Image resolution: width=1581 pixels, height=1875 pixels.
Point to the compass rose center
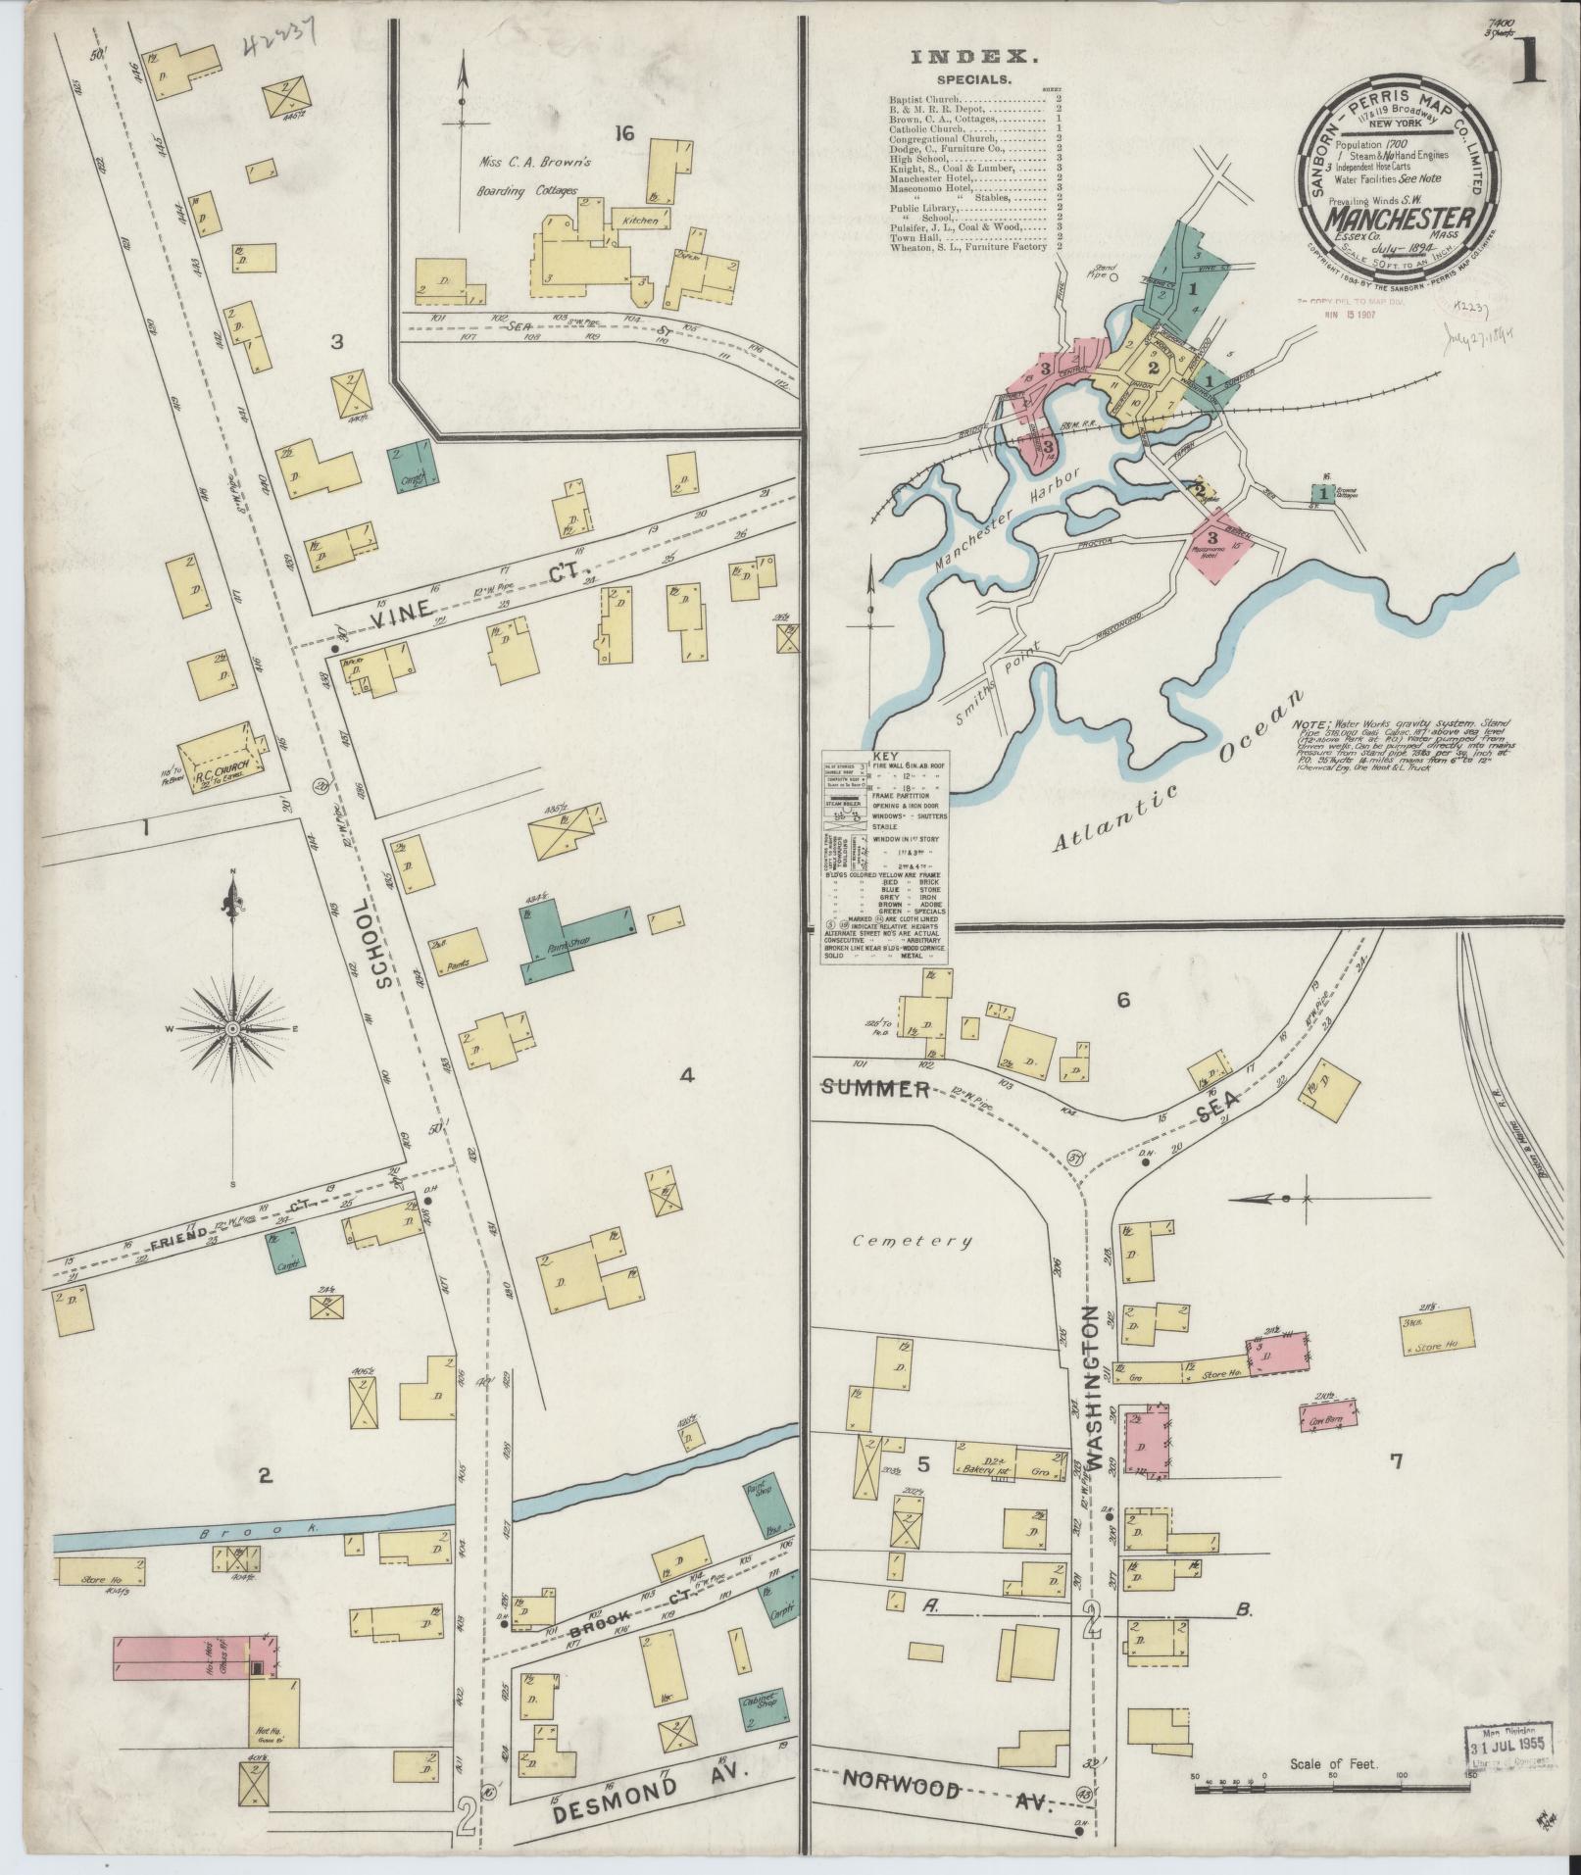pos(233,1028)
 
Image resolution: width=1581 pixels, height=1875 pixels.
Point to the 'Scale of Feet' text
pos(1334,1764)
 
